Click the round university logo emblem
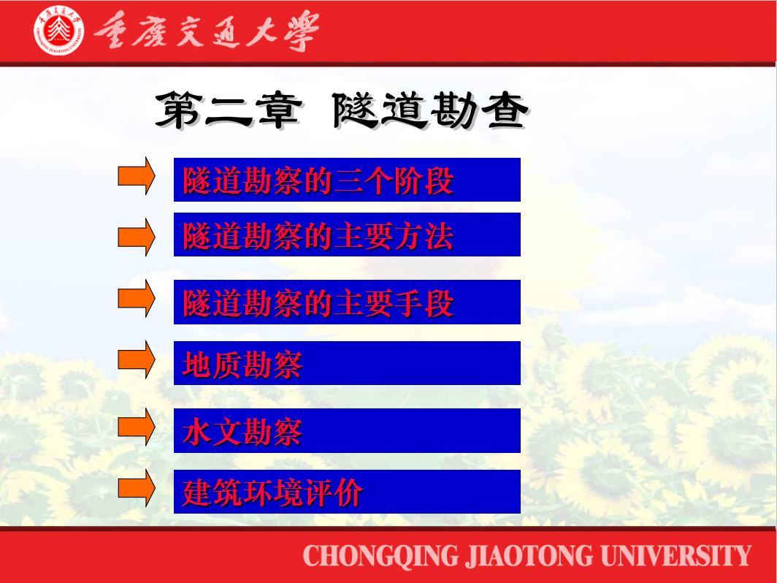click(58, 30)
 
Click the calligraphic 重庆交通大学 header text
click(207, 31)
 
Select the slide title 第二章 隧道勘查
click(342, 110)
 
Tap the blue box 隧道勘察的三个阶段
click(347, 180)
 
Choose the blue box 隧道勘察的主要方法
click(347, 235)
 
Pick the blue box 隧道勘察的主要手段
click(347, 302)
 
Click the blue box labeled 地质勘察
click(347, 363)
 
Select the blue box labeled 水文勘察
click(347, 430)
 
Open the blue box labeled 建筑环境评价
click(347, 491)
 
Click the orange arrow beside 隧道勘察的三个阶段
click(137, 176)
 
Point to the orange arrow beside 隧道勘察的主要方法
click(137, 237)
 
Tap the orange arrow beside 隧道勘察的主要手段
click(137, 298)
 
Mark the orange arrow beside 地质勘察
click(137, 359)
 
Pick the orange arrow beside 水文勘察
click(137, 427)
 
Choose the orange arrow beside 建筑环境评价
click(137, 488)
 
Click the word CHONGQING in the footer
click(380, 556)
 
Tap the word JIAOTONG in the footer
click(529, 556)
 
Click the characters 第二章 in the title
click(229, 110)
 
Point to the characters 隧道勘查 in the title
click(431, 110)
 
